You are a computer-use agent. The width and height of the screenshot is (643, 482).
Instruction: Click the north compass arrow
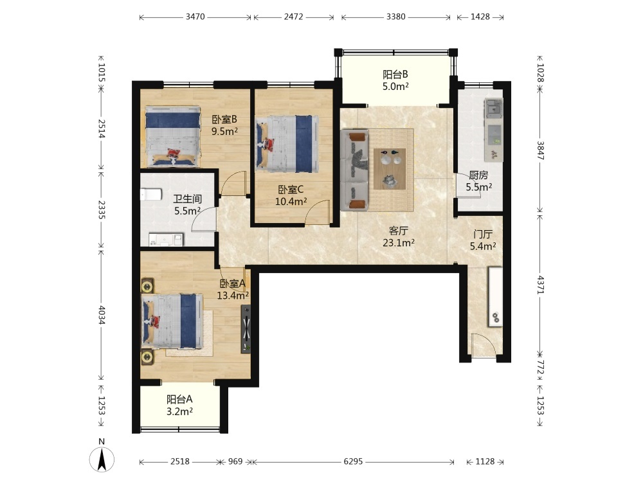coord(102,459)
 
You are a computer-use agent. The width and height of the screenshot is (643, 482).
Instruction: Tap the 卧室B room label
coord(224,120)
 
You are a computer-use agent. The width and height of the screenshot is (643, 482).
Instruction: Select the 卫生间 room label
coord(187,199)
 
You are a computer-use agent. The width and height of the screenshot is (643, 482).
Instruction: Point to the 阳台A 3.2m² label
coord(179,406)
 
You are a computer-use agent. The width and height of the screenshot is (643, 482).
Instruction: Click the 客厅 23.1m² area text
coord(398,237)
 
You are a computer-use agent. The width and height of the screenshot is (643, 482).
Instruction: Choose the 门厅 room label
coord(483,235)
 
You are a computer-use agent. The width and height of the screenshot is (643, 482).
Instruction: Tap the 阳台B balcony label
coord(395,75)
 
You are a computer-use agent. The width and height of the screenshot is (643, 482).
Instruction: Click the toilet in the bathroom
coord(151,194)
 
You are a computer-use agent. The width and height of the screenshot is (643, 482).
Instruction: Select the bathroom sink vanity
coord(166,240)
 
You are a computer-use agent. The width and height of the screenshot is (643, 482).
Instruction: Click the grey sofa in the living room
coord(354,170)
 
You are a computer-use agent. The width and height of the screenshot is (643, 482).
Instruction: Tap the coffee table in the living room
coord(390,169)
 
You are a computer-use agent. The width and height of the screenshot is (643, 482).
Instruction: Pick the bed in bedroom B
coord(172,136)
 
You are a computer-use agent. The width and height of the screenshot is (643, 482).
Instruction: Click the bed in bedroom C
coord(287,144)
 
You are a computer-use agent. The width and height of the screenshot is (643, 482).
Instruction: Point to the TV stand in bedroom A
coord(246,329)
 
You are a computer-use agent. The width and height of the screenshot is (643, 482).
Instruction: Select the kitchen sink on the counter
coord(493,108)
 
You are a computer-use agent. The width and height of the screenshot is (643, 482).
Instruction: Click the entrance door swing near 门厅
coord(484,344)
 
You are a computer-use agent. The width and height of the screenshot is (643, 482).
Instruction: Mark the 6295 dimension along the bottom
coord(353,461)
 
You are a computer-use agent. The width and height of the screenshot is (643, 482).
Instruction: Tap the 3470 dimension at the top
coord(195,17)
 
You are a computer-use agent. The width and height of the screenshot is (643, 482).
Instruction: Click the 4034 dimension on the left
coord(102,315)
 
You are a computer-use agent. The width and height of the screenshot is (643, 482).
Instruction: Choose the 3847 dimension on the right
coord(541,150)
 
